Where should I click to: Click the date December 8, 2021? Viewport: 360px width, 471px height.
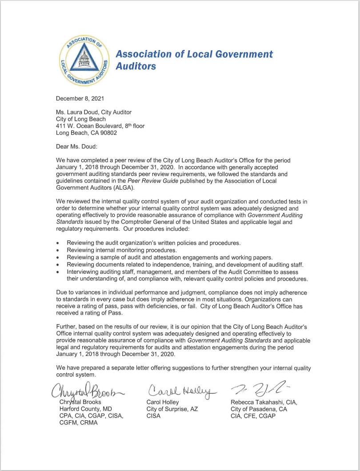click(80, 98)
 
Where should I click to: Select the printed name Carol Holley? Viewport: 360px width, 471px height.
click(163, 402)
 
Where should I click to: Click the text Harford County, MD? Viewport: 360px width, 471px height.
click(85, 409)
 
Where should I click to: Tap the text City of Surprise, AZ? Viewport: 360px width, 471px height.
click(172, 409)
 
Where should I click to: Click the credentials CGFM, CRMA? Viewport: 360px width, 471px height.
click(79, 423)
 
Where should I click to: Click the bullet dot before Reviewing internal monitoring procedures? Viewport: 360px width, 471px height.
click(58, 251)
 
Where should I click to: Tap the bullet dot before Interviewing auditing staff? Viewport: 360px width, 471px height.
click(58, 272)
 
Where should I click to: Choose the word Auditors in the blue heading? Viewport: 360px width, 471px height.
click(136, 66)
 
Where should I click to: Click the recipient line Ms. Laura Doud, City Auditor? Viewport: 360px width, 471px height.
click(94, 112)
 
